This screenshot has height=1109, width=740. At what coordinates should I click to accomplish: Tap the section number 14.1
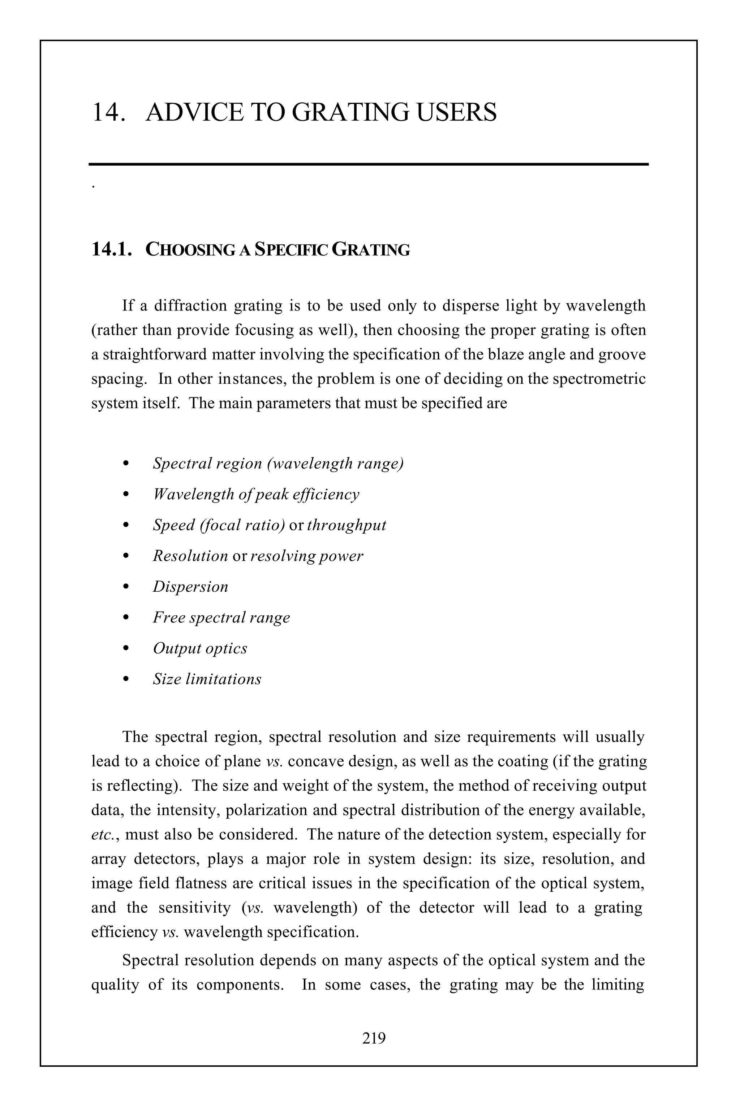[x=111, y=249]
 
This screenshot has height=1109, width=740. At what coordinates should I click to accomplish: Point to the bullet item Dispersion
[x=190, y=587]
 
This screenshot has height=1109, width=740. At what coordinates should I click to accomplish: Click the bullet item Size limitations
[x=207, y=679]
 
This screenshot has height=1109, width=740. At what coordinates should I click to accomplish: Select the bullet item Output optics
[x=199, y=648]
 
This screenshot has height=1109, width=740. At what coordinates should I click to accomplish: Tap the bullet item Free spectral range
[x=221, y=617]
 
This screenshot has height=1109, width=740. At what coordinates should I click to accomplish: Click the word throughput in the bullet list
[x=347, y=525]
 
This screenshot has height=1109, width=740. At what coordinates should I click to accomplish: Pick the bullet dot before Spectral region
[x=125, y=464]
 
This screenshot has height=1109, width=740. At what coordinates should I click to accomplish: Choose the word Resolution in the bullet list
[x=190, y=556]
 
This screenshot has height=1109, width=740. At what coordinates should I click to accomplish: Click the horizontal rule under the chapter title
[x=369, y=164]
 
